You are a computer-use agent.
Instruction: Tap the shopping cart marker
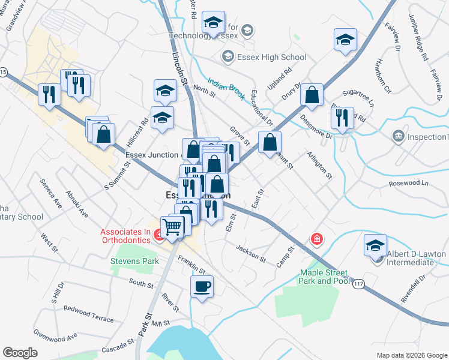(172, 227)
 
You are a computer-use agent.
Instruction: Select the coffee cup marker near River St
(202, 286)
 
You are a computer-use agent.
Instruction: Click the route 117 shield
(358, 286)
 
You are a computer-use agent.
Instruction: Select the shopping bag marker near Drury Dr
(312, 94)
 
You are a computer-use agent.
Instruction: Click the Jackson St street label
(251, 254)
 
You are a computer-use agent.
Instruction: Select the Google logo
(20, 352)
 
